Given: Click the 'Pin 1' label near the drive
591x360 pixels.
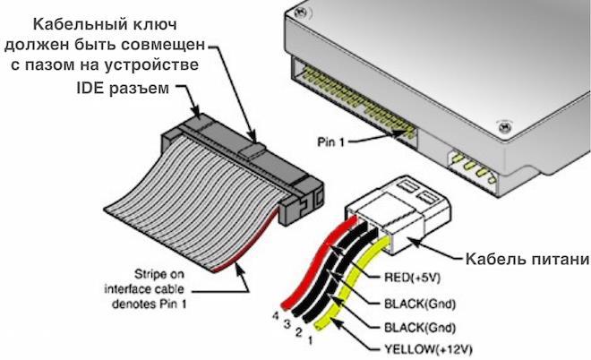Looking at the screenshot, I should pyautogui.click(x=334, y=141).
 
